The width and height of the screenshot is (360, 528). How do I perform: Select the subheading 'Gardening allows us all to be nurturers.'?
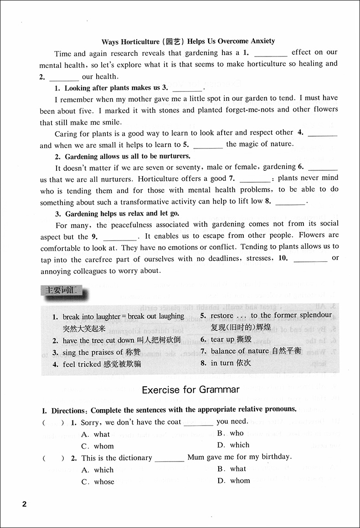(x=123, y=156)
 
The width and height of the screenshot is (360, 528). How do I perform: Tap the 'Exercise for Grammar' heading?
(x=190, y=390)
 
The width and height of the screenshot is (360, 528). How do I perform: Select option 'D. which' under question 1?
(x=233, y=445)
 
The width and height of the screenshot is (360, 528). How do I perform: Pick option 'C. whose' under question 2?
(x=98, y=482)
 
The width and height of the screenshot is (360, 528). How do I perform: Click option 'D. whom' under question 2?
(x=234, y=481)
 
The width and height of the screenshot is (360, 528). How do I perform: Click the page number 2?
(x=25, y=504)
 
